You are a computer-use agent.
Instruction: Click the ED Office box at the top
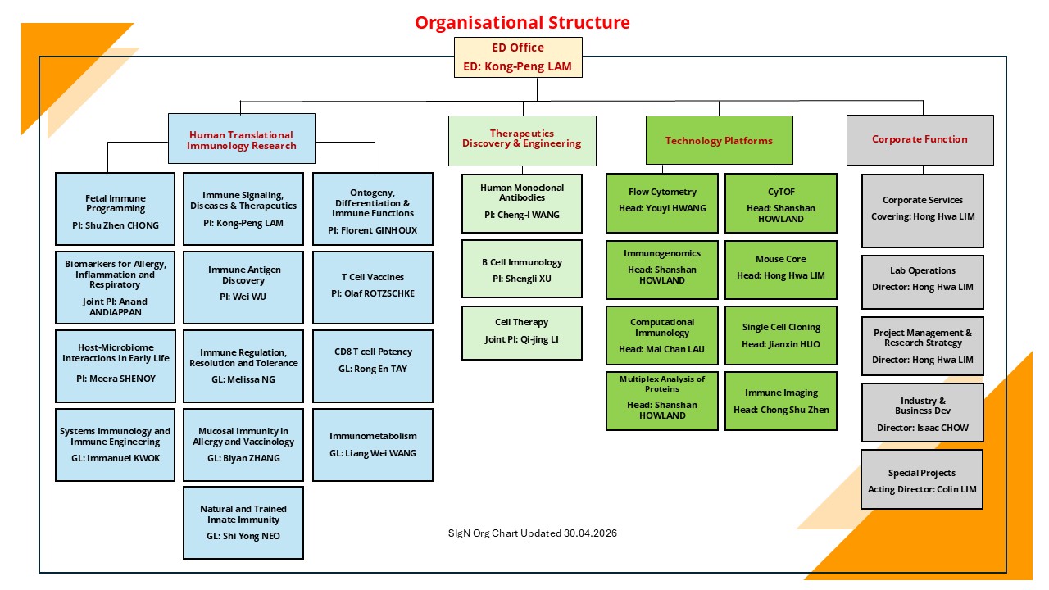[518, 57]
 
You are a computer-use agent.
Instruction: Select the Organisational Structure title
[522, 22]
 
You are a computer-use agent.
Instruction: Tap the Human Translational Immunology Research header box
[242, 138]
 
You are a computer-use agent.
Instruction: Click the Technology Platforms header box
[720, 140]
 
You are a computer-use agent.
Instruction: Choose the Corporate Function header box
[920, 140]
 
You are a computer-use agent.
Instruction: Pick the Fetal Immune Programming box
[116, 209]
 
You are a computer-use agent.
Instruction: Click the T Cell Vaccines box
[373, 288]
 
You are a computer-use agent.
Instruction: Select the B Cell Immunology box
[522, 269]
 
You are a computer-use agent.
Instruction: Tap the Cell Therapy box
[522, 333]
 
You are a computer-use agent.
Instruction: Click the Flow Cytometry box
[662, 203]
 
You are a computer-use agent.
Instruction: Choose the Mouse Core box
[781, 270]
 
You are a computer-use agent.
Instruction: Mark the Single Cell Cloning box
[781, 335]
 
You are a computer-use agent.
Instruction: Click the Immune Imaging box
[781, 401]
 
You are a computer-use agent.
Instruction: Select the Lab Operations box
[923, 282]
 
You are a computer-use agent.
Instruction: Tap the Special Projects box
[922, 479]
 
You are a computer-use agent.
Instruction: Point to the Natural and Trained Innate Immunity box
[243, 523]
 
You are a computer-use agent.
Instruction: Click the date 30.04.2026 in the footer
[590, 533]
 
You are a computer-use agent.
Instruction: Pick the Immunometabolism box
[373, 445]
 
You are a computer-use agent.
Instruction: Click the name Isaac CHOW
[942, 428]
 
